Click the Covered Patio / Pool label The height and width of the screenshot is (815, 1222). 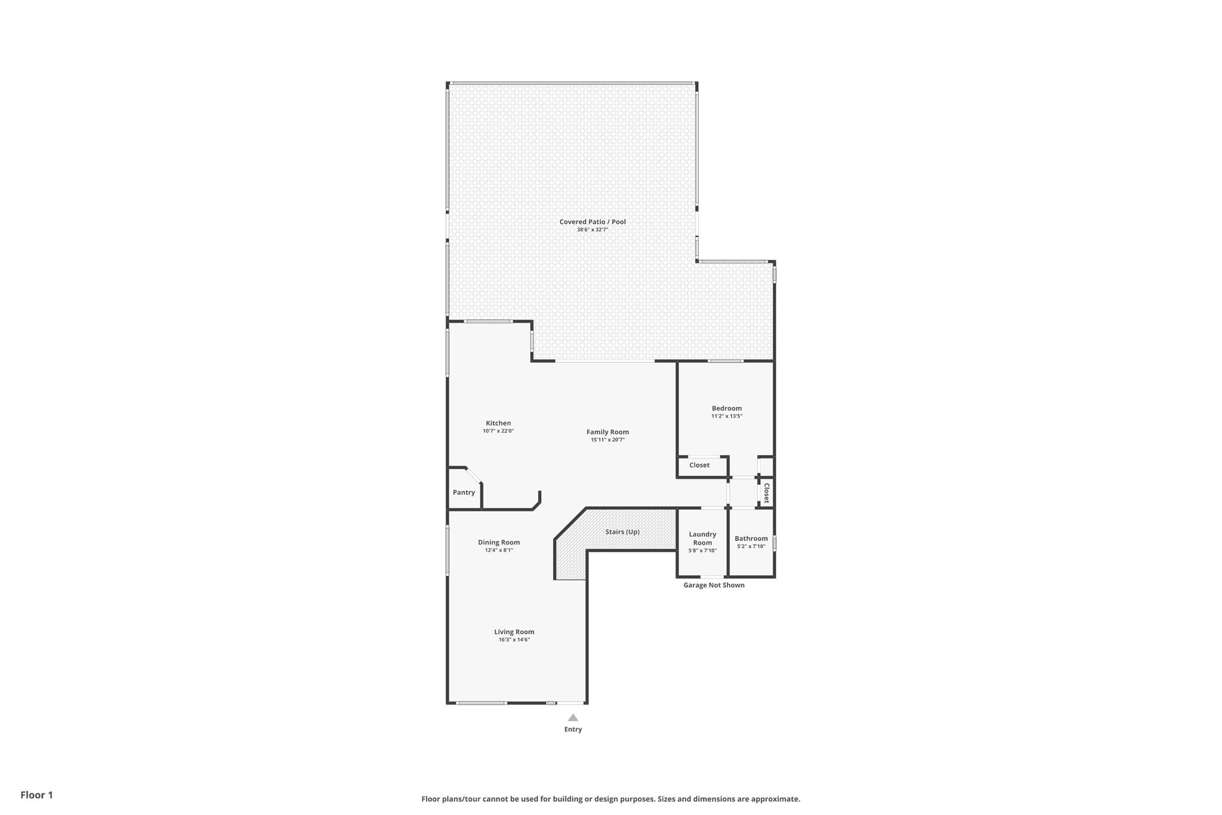(592, 222)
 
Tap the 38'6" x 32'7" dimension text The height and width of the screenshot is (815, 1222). (592, 230)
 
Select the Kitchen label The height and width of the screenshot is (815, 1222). (498, 423)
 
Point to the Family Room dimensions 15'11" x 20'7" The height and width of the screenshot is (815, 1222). (607, 440)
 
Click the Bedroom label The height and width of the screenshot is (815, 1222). (726, 408)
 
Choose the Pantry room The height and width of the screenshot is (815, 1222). (464, 493)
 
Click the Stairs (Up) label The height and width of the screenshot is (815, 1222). (622, 531)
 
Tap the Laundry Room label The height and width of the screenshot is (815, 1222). (702, 539)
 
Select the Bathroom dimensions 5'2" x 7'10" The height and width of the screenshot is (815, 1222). (751, 546)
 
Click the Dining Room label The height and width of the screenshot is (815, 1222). (499, 542)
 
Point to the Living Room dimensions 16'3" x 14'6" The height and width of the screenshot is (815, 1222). (514, 640)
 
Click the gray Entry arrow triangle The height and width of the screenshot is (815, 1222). (573, 718)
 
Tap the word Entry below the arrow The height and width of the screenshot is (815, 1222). (573, 729)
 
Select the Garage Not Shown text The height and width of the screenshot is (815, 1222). (714, 585)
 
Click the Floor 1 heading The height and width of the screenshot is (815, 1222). (36, 795)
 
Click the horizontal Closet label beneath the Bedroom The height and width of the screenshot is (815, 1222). (699, 465)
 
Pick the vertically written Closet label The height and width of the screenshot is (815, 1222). (767, 493)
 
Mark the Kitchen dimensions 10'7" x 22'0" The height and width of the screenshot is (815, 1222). (498, 431)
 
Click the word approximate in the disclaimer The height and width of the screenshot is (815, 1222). (774, 799)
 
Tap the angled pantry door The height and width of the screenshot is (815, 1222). (474, 475)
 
